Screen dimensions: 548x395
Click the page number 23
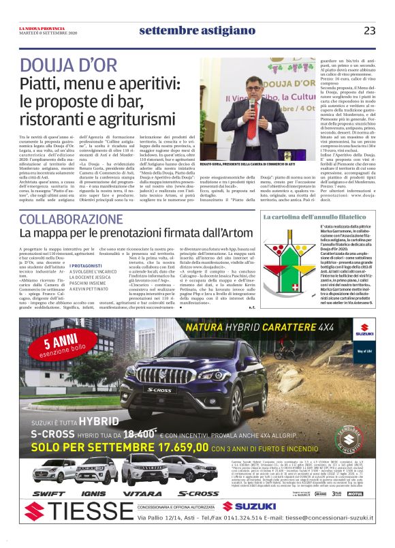369,31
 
